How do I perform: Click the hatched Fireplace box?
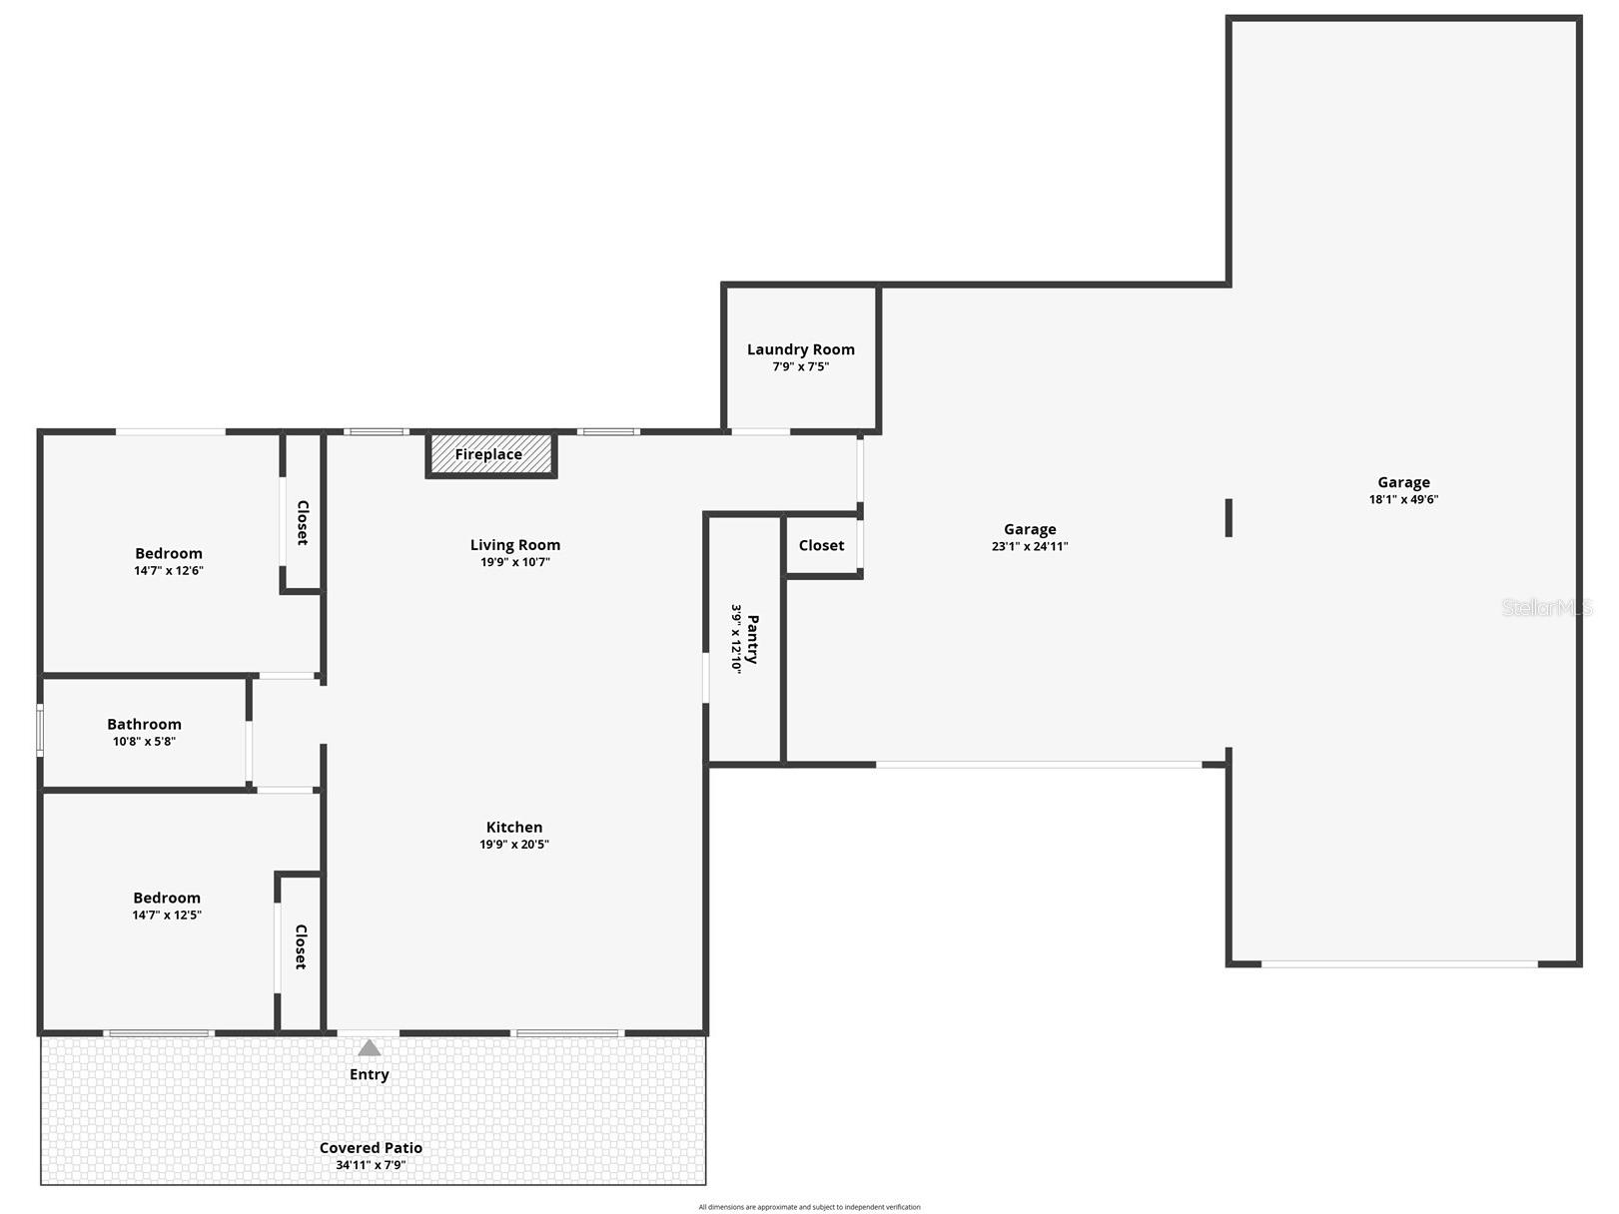pyautogui.click(x=490, y=455)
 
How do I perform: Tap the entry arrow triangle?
pyautogui.click(x=370, y=1048)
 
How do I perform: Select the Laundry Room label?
pyautogui.click(x=801, y=349)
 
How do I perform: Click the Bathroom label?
pyautogui.click(x=145, y=724)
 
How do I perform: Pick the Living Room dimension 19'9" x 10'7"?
pyautogui.click(x=515, y=562)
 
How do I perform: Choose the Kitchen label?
pyautogui.click(x=514, y=827)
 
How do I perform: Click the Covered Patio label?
pyautogui.click(x=371, y=1148)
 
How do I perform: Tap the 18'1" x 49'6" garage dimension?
pyautogui.click(x=1403, y=499)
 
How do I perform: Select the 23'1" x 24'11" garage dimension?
pyautogui.click(x=1030, y=546)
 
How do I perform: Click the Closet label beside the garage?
pyautogui.click(x=821, y=545)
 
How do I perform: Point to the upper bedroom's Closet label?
pyautogui.click(x=302, y=522)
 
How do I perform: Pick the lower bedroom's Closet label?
pyautogui.click(x=300, y=946)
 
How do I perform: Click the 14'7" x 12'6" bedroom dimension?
pyautogui.click(x=169, y=570)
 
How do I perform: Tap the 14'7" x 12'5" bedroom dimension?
pyautogui.click(x=167, y=914)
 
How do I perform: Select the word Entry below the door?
pyautogui.click(x=370, y=1074)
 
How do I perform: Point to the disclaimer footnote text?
pyautogui.click(x=809, y=1207)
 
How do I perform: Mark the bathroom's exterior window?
pyautogui.click(x=40, y=731)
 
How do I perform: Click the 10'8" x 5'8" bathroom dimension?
pyautogui.click(x=145, y=741)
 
